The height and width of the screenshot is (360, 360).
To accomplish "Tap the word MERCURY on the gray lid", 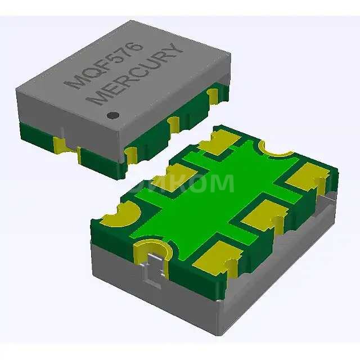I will (x=138, y=74).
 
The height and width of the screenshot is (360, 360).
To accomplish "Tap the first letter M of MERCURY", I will (x=100, y=98).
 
